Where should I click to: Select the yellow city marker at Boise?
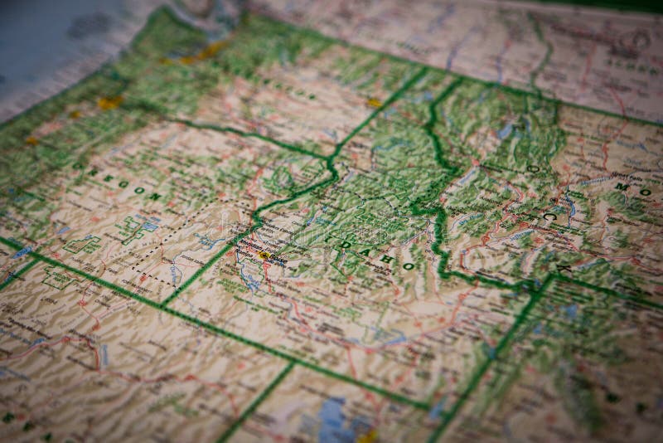point(264,256)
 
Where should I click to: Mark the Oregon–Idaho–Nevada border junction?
point(164,306)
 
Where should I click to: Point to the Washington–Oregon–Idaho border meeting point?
point(331,158)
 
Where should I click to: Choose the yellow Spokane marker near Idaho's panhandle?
point(375,103)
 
